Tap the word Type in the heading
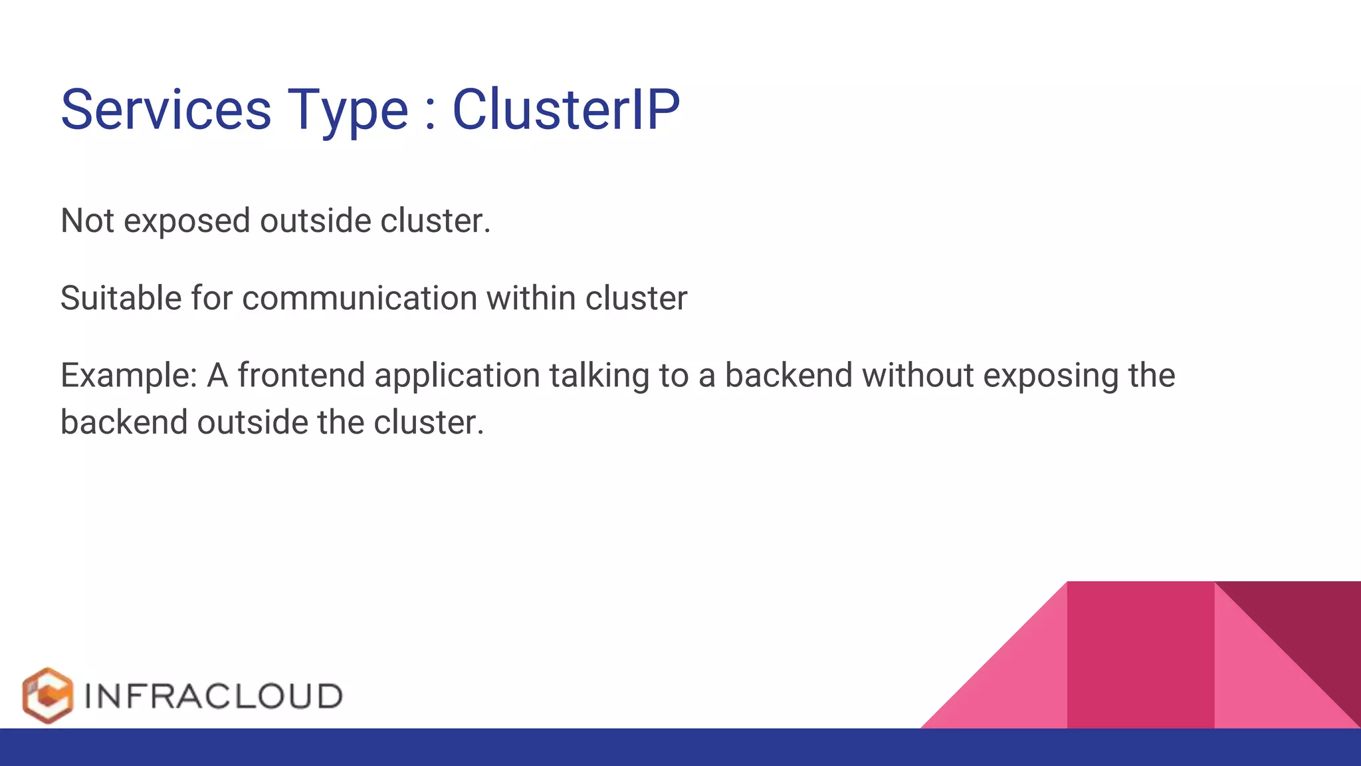(348, 112)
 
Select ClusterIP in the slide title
(566, 110)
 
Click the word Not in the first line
(87, 221)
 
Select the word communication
(360, 298)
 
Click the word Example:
(129, 376)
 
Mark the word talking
(599, 376)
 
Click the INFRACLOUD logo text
(213, 696)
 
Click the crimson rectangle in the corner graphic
(1140, 655)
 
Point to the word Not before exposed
(87, 221)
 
